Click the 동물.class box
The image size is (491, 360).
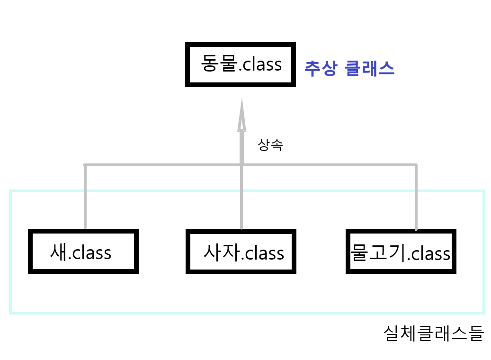point(241,64)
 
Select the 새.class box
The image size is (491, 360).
point(83,252)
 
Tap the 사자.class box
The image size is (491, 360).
point(241,252)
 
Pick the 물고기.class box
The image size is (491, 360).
point(401,252)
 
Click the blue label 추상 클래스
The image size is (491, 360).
point(349,69)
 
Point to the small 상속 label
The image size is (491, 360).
point(270,145)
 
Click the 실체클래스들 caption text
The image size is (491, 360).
point(433,333)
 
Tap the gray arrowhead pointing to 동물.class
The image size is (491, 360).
point(241,114)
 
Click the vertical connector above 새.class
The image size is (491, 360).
point(85,197)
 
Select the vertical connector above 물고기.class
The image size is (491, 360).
point(416,197)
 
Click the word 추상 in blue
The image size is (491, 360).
point(321,69)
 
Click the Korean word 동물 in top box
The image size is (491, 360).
point(218,63)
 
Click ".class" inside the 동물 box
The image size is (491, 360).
point(259,64)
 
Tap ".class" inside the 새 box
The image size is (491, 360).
point(90,252)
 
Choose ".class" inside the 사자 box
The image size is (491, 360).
point(263,253)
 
